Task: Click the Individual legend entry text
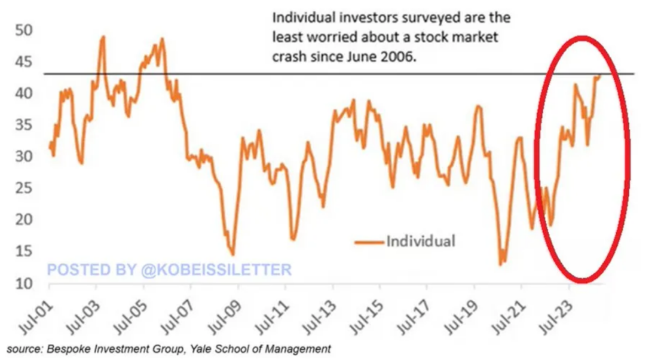click(x=421, y=241)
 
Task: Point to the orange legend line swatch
click(x=369, y=242)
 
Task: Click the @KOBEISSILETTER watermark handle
click(x=216, y=270)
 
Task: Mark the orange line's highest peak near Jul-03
click(x=103, y=36)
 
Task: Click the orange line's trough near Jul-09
click(x=232, y=255)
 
